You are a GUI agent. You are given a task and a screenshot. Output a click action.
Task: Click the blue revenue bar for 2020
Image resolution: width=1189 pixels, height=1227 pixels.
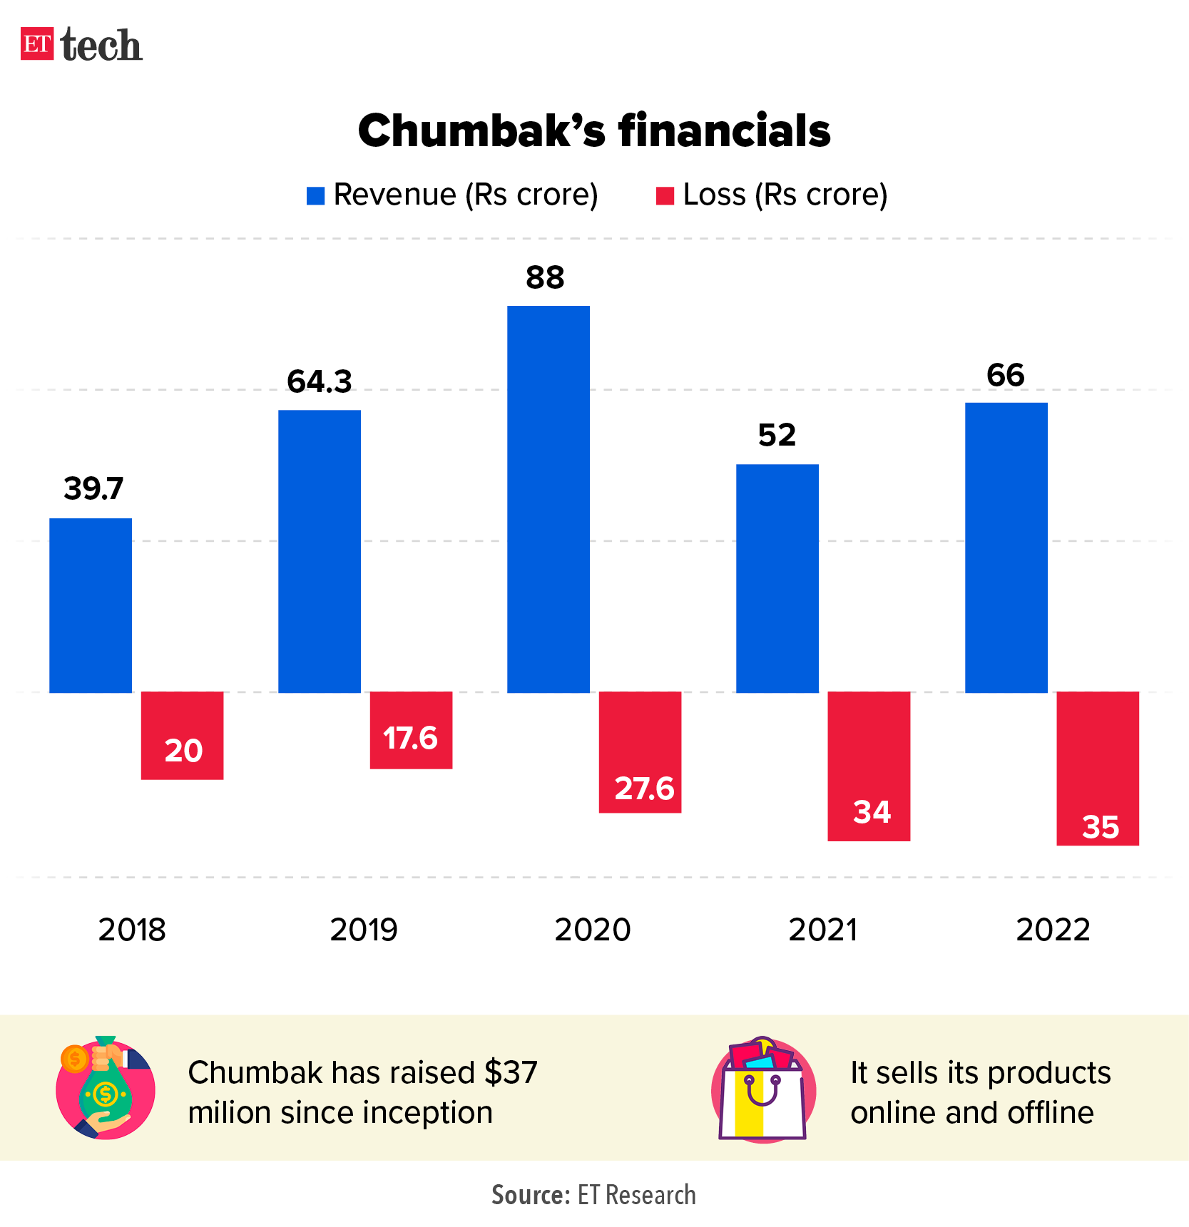pyautogui.click(x=548, y=499)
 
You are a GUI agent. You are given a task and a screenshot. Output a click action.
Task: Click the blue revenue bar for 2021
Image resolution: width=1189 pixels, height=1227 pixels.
pyautogui.click(x=777, y=577)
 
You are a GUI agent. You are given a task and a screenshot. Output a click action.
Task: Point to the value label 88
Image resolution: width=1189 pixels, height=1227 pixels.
pyautogui.click(x=545, y=278)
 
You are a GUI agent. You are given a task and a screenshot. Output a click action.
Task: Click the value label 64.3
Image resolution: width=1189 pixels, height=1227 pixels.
pyautogui.click(x=319, y=382)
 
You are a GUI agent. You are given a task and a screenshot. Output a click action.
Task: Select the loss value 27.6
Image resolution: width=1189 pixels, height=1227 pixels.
pyautogui.click(x=644, y=789)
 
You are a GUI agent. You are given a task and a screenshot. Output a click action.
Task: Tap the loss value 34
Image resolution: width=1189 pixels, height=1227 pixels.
pyautogui.click(x=872, y=813)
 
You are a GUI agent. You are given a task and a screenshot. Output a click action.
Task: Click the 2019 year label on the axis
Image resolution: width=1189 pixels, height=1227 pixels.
pyautogui.click(x=364, y=930)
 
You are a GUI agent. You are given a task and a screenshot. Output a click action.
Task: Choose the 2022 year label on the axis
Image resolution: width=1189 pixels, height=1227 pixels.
pyautogui.click(x=1053, y=930)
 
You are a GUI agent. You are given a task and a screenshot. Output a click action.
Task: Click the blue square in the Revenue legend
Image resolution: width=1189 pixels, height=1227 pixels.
pyautogui.click(x=315, y=195)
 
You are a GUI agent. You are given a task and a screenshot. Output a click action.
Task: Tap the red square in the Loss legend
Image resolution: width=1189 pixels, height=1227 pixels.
pyautogui.click(x=665, y=195)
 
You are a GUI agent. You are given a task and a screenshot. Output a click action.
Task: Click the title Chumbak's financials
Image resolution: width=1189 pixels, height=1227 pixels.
pyautogui.click(x=594, y=131)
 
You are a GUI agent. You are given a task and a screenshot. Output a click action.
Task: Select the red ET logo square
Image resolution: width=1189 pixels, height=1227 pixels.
pyautogui.click(x=37, y=44)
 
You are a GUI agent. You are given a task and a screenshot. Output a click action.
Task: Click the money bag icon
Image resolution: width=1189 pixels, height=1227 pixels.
pyautogui.click(x=106, y=1089)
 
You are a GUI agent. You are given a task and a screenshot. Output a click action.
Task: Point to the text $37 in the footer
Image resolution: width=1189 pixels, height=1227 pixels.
pyautogui.click(x=511, y=1072)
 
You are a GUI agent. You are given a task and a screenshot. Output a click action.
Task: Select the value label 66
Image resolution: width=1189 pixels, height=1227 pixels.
pyautogui.click(x=1005, y=376)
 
